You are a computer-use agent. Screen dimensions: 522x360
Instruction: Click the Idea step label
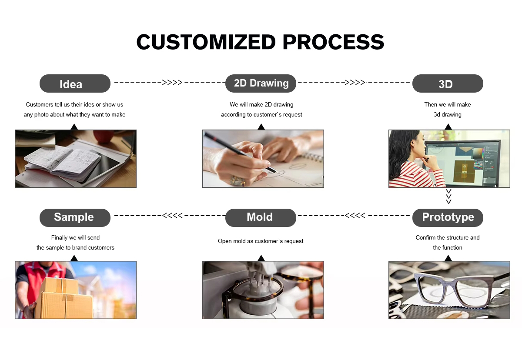[x=75, y=83]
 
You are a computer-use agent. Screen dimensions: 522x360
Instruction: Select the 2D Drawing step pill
[x=261, y=83]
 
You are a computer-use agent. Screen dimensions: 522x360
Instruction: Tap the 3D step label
[x=448, y=83]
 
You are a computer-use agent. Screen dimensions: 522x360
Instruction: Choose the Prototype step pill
[x=448, y=218]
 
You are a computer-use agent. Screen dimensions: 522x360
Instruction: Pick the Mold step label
[x=261, y=218]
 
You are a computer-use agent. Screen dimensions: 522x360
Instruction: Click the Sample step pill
[x=75, y=218]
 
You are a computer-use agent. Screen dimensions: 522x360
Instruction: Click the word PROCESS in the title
[x=333, y=42]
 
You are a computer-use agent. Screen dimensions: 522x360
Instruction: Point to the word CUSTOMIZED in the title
[x=206, y=42]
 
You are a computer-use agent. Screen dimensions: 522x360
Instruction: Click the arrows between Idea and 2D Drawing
[x=172, y=82]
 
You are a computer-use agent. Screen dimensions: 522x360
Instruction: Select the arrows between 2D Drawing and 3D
[x=355, y=82]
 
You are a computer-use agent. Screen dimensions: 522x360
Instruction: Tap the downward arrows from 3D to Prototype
[x=448, y=197]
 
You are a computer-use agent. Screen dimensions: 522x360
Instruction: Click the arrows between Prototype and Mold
[x=355, y=216]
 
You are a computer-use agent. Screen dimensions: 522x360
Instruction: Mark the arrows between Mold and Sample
[x=172, y=216]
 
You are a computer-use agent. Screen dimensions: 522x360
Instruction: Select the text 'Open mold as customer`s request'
[x=261, y=241]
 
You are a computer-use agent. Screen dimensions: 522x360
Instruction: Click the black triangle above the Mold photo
[x=261, y=258]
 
